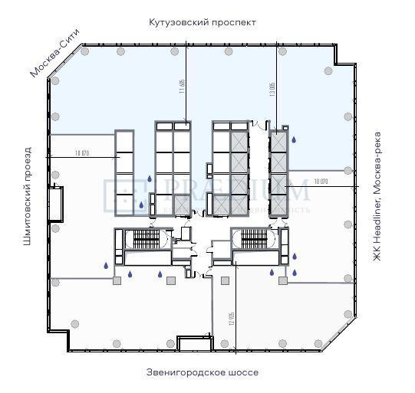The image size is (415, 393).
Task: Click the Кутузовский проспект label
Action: [x=203, y=22]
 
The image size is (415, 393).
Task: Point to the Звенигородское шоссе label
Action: [x=203, y=372]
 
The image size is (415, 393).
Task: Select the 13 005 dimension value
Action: [x=272, y=89]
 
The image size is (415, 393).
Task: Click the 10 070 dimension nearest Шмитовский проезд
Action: [x=82, y=153]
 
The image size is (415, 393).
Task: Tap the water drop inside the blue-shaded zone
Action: [x=293, y=139]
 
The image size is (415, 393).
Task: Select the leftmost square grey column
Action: [x=117, y=281]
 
